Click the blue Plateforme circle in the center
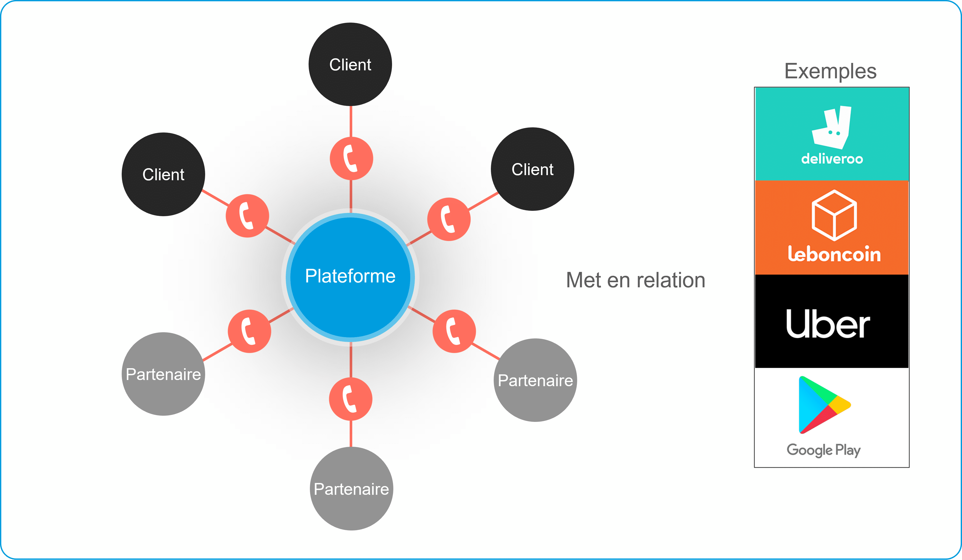350,277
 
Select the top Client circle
350,64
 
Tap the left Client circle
163,174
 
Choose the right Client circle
532,169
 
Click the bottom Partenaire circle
351,489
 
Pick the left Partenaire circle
163,374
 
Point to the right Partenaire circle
535,380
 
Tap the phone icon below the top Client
351,158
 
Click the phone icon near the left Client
247,216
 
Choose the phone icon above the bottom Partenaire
350,399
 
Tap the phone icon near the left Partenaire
249,331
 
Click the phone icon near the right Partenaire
454,331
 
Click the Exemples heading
830,71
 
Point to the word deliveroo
832,159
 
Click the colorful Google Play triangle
823,405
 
